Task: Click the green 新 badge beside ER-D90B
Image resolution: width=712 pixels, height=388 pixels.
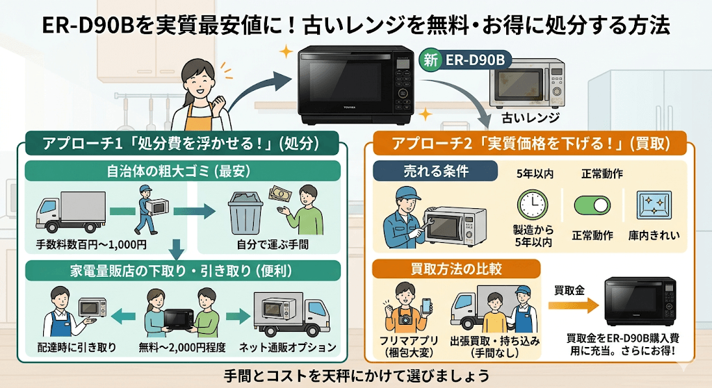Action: pos(431,60)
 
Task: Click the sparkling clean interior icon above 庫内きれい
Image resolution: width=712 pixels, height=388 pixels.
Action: pos(654,206)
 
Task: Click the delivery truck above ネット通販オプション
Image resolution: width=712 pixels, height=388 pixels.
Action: pos(289,314)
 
